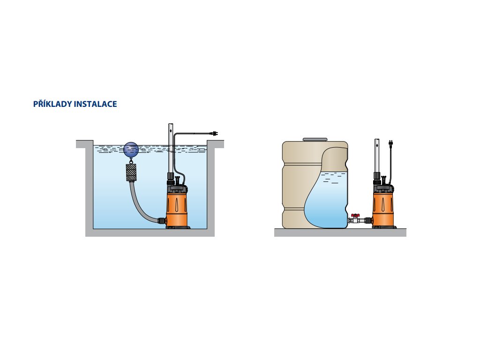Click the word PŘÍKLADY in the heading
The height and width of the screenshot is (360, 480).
52,104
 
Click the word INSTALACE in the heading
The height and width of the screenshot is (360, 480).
96,104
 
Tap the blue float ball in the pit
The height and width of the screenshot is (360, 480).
131,150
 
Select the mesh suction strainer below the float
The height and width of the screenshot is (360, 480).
131,173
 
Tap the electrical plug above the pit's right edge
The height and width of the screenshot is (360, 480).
215,134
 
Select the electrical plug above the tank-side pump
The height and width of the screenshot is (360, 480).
390,143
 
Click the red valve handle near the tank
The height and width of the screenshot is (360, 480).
355,216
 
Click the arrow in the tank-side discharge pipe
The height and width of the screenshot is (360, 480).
377,145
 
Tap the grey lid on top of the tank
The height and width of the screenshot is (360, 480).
315,140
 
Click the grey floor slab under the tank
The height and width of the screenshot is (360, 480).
340,232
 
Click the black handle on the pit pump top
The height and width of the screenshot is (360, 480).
177,179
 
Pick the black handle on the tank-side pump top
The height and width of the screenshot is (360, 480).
383,179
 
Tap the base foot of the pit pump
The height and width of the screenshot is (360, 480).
178,227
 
